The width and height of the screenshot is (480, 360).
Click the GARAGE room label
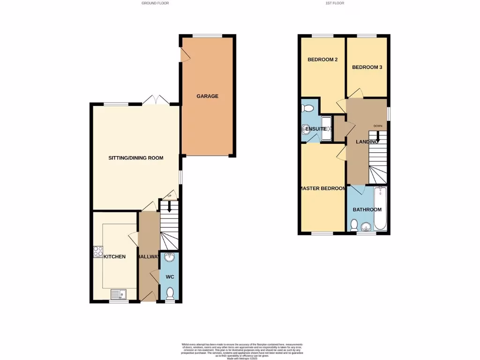pos(207,96)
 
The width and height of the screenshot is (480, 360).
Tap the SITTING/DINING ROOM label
pos(136,158)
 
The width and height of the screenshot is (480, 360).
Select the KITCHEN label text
pos(115,256)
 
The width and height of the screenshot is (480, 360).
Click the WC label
pos(170,277)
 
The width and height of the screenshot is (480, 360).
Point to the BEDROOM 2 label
pos(322,60)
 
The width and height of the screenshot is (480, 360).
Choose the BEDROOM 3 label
pos(367,67)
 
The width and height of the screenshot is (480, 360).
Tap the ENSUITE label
pos(316,128)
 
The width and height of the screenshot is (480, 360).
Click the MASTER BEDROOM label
pos(323,188)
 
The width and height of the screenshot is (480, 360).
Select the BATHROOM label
pos(367,210)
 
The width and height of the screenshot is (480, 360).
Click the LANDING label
pos(367,142)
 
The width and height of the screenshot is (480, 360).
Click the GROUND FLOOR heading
pos(155,3)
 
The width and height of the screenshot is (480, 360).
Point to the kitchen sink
pos(119,294)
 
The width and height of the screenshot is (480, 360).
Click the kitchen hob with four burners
pos(98,252)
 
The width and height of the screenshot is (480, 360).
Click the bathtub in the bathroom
pos(380,209)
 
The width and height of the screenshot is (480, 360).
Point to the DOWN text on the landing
pos(378,126)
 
